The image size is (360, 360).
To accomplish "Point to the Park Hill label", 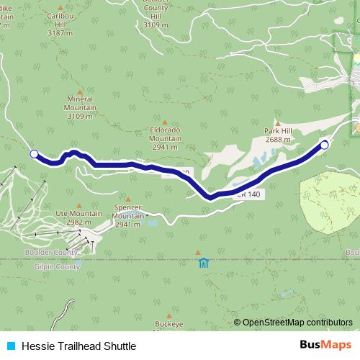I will [277, 135].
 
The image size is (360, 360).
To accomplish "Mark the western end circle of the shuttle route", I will [34, 153].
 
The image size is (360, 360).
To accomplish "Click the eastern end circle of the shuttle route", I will [324, 145].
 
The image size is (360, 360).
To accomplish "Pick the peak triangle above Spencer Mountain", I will [128, 199].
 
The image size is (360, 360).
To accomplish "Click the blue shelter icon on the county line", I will [204, 263].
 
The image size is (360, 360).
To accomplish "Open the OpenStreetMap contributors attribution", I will [297, 322].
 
